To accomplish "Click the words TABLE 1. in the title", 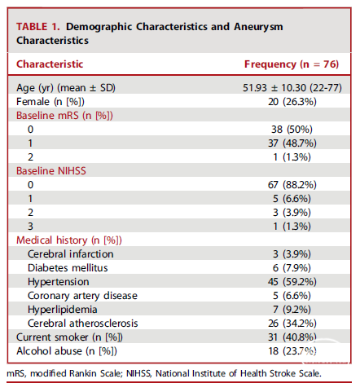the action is click(38, 27).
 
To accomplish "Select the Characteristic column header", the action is click(50, 64).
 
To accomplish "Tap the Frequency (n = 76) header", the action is click(292, 64).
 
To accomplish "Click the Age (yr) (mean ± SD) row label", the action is click(66, 88).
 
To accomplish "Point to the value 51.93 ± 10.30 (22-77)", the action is click(292, 88).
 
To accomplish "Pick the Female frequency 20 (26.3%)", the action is click(292, 102).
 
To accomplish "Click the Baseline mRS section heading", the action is click(64, 116).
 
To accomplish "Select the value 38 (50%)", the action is click(292, 130).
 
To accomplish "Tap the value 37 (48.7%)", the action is click(292, 143).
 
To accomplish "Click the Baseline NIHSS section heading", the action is click(51, 171).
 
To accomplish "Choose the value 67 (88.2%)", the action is click(292, 185).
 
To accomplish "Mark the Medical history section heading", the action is click(69, 240).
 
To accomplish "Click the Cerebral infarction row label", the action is click(71, 254).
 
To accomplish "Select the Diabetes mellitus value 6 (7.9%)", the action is click(292, 268).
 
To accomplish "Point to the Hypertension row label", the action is click(59, 282).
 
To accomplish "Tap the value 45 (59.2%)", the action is click(292, 282).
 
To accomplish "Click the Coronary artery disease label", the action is click(82, 296).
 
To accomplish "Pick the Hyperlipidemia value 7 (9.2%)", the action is click(292, 310).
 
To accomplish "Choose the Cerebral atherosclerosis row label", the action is click(83, 324).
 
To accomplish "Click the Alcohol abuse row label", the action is click(67, 351).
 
